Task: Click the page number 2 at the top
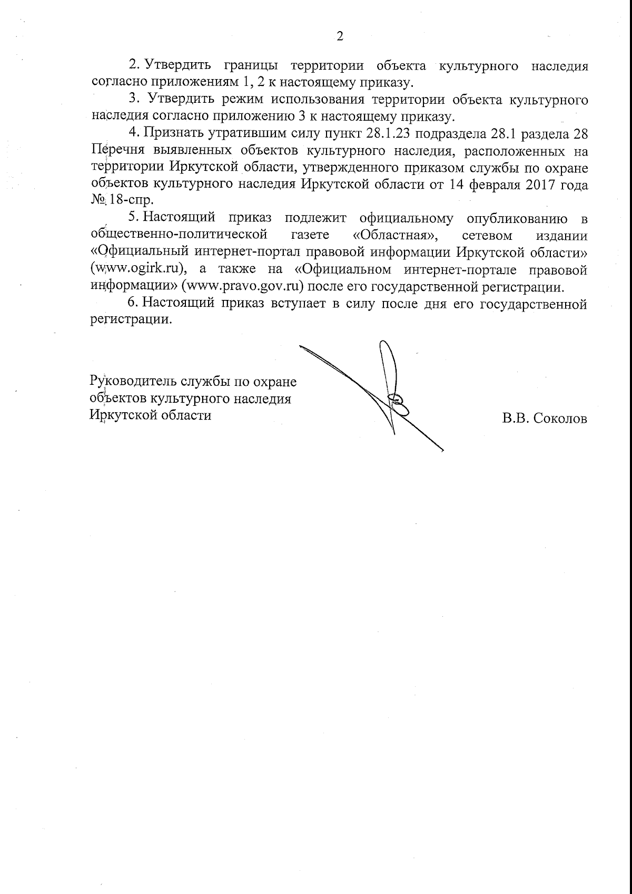tap(339, 36)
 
